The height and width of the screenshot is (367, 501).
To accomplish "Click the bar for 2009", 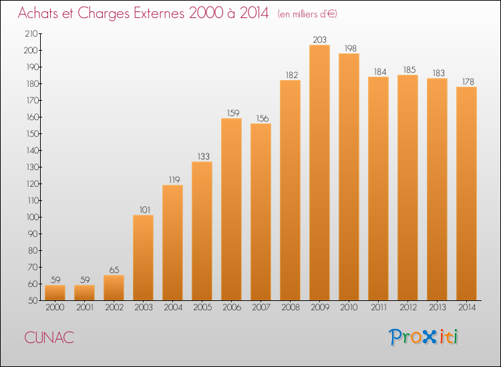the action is pyautogui.click(x=319, y=173).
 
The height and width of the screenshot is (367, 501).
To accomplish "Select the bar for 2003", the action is pyautogui.click(x=143, y=258).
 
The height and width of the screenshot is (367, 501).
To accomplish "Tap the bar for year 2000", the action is pyautogui.click(x=55, y=293).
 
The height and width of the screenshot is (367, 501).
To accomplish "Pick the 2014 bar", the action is pyautogui.click(x=466, y=194).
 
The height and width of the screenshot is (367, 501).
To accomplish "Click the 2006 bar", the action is pyautogui.click(x=231, y=210).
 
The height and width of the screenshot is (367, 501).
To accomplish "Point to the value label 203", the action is pyautogui.click(x=319, y=39).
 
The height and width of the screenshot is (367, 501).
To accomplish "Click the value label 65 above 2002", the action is pyautogui.click(x=114, y=270).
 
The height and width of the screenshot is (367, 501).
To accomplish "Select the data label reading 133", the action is pyautogui.click(x=203, y=156).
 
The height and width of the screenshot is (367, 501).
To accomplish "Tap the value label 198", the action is pyautogui.click(x=350, y=48).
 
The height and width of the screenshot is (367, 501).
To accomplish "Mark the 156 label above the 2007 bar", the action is pyautogui.click(x=263, y=118).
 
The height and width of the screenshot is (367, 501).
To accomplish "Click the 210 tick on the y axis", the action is pyautogui.click(x=31, y=34).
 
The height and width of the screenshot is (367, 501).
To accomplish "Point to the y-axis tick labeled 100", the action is pyautogui.click(x=31, y=218).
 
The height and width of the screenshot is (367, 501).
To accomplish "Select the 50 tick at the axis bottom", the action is pyautogui.click(x=33, y=301).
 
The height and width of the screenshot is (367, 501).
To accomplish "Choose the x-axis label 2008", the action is pyautogui.click(x=291, y=308).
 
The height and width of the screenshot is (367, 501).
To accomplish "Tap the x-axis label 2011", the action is pyautogui.click(x=379, y=308).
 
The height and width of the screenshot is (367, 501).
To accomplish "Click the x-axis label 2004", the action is pyautogui.click(x=173, y=308).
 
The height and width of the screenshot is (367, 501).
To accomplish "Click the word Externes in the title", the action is pyautogui.click(x=159, y=13).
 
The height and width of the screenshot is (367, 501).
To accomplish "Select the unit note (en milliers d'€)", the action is pyautogui.click(x=307, y=15).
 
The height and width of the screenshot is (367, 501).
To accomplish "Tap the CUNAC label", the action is pyautogui.click(x=49, y=338).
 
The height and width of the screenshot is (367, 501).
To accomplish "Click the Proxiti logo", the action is pyautogui.click(x=424, y=337).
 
